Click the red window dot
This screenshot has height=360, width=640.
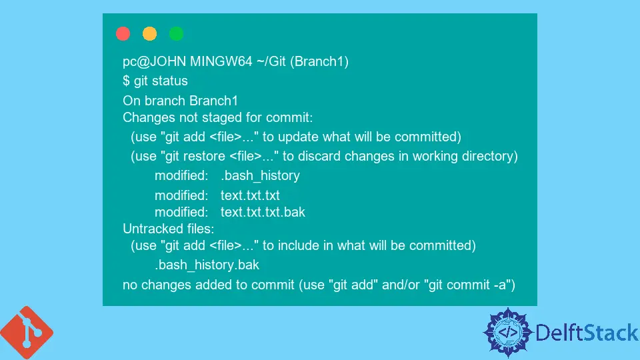pyautogui.click(x=123, y=33)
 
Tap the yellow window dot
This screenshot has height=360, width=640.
pyautogui.click(x=149, y=33)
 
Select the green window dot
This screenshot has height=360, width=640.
pyautogui.click(x=176, y=33)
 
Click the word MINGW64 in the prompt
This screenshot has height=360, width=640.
pyautogui.click(x=221, y=61)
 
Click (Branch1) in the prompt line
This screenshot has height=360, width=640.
pyautogui.click(x=319, y=61)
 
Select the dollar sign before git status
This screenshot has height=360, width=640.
pyautogui.click(x=126, y=81)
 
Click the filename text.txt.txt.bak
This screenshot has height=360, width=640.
pyautogui.click(x=263, y=212)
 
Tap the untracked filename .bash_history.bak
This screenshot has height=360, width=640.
pyautogui.click(x=207, y=265)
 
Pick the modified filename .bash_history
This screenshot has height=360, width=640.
pyautogui.click(x=261, y=175)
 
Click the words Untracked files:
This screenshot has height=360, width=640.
pyautogui.click(x=169, y=229)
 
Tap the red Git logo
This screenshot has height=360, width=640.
pyautogui.click(x=27, y=333)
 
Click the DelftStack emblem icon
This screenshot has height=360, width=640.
pyautogui.click(x=508, y=333)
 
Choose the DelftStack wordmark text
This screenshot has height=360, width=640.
pyautogui.click(x=587, y=333)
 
